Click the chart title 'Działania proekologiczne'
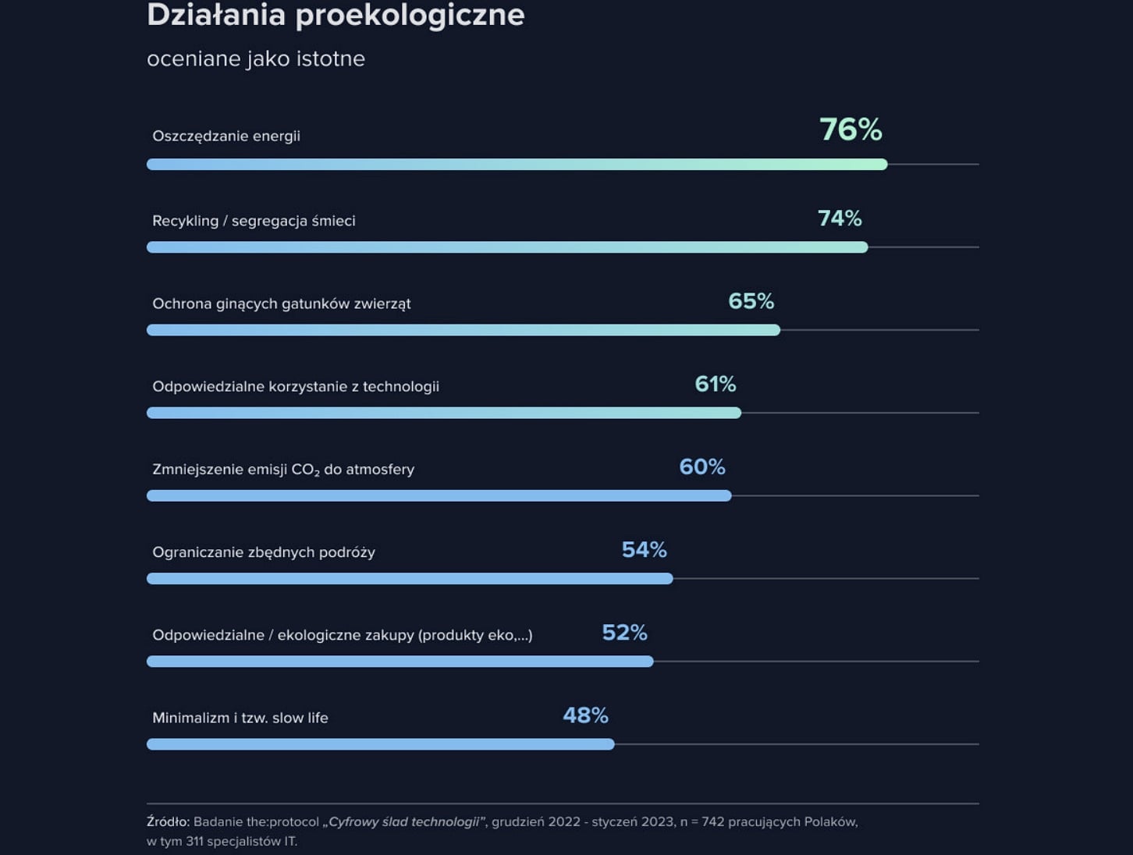(x=336, y=16)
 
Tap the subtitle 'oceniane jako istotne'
(x=256, y=59)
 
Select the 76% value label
(x=851, y=129)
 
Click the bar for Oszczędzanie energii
(x=517, y=165)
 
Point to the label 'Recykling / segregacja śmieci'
(x=254, y=221)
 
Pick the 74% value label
(x=840, y=218)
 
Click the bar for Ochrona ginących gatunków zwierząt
(x=463, y=330)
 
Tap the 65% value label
(x=751, y=301)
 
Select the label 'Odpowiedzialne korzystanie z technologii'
(x=296, y=386)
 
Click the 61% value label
(x=715, y=384)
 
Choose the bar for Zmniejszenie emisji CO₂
(x=439, y=496)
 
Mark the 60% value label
(x=702, y=467)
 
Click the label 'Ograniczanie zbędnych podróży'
(x=264, y=552)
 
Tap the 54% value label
(x=644, y=550)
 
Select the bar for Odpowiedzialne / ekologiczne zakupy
(x=400, y=662)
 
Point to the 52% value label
(x=624, y=633)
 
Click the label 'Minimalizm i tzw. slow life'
(x=240, y=718)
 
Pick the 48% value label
(x=585, y=715)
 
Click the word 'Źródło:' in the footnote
(x=168, y=821)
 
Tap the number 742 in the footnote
(x=713, y=821)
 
